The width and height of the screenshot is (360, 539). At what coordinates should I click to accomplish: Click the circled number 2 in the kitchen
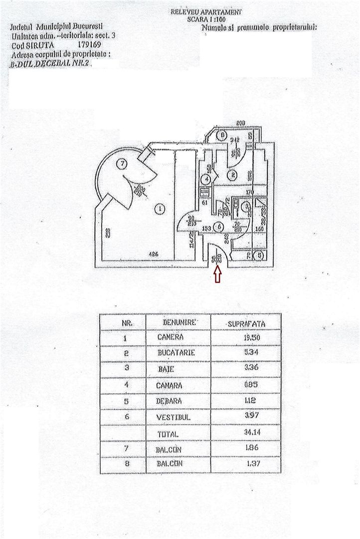click(x=231, y=175)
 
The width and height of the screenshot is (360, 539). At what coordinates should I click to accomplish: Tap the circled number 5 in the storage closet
click(x=259, y=256)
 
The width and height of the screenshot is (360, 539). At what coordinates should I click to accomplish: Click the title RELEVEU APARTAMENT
click(x=206, y=11)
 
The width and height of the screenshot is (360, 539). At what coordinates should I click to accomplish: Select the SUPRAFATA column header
click(x=246, y=323)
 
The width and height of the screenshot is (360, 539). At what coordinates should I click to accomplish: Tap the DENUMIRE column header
click(x=179, y=322)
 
